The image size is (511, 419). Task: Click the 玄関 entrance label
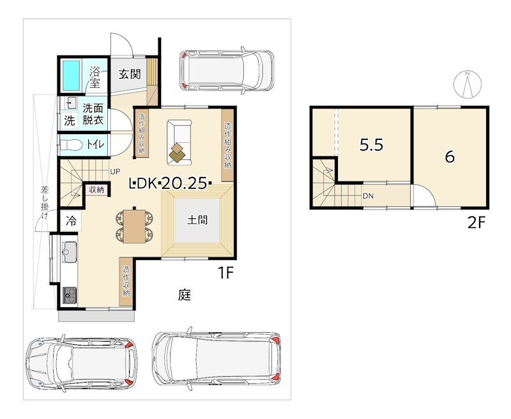130,74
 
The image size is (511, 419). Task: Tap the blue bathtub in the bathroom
71,75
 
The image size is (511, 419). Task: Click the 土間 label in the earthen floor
197,220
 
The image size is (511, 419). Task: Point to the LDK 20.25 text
171,183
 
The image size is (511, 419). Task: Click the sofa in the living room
179,142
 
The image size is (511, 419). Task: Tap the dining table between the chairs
134,226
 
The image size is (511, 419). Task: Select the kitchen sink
69,252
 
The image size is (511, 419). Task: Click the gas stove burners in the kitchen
70,296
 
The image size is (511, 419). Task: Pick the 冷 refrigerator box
71,221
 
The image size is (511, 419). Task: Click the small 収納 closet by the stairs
96,190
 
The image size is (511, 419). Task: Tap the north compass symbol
468,84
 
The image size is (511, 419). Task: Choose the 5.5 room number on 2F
372,144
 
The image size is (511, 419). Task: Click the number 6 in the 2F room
450,157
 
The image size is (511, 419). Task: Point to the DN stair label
369,196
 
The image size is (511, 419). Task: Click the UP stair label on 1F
115,171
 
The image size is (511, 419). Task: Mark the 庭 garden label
185,294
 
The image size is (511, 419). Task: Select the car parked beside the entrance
227,70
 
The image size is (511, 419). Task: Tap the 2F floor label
477,223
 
